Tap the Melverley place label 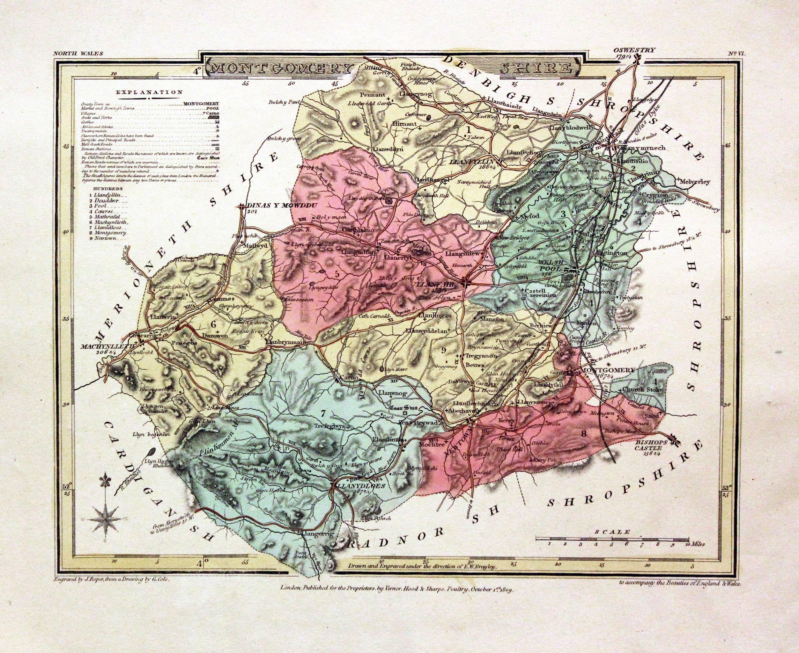click(x=695, y=182)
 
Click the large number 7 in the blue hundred click(x=323, y=414)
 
